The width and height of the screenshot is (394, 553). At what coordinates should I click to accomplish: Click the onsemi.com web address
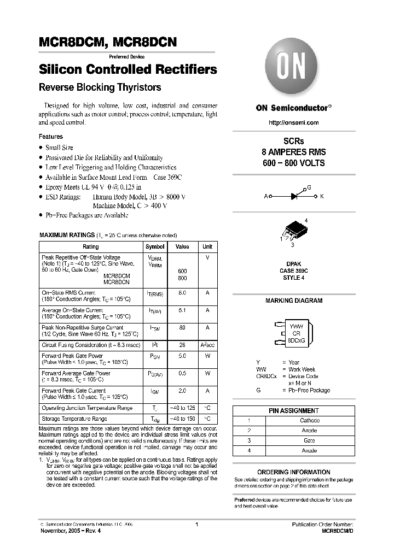294,122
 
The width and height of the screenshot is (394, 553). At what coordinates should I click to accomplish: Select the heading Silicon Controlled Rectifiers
128,70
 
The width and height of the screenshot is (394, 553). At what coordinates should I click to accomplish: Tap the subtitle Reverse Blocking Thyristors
100,87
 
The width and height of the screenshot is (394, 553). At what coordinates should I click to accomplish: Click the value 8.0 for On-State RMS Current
182,293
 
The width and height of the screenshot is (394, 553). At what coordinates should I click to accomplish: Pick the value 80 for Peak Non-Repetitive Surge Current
182,328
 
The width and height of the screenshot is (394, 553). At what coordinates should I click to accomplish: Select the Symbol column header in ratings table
154,247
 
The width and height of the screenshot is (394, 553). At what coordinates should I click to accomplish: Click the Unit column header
207,247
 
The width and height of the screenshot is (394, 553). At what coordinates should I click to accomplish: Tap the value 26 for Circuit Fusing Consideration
182,345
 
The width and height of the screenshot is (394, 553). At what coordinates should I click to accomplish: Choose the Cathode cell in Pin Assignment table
310,421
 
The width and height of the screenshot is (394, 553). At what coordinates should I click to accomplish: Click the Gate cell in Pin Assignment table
310,440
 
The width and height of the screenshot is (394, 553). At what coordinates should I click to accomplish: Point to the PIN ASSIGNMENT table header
293,411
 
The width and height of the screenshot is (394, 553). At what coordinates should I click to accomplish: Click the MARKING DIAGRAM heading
294,301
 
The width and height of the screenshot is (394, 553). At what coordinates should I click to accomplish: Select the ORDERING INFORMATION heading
294,472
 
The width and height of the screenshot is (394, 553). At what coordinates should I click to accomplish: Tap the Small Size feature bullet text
59,148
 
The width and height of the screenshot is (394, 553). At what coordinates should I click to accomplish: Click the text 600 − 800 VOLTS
294,163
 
